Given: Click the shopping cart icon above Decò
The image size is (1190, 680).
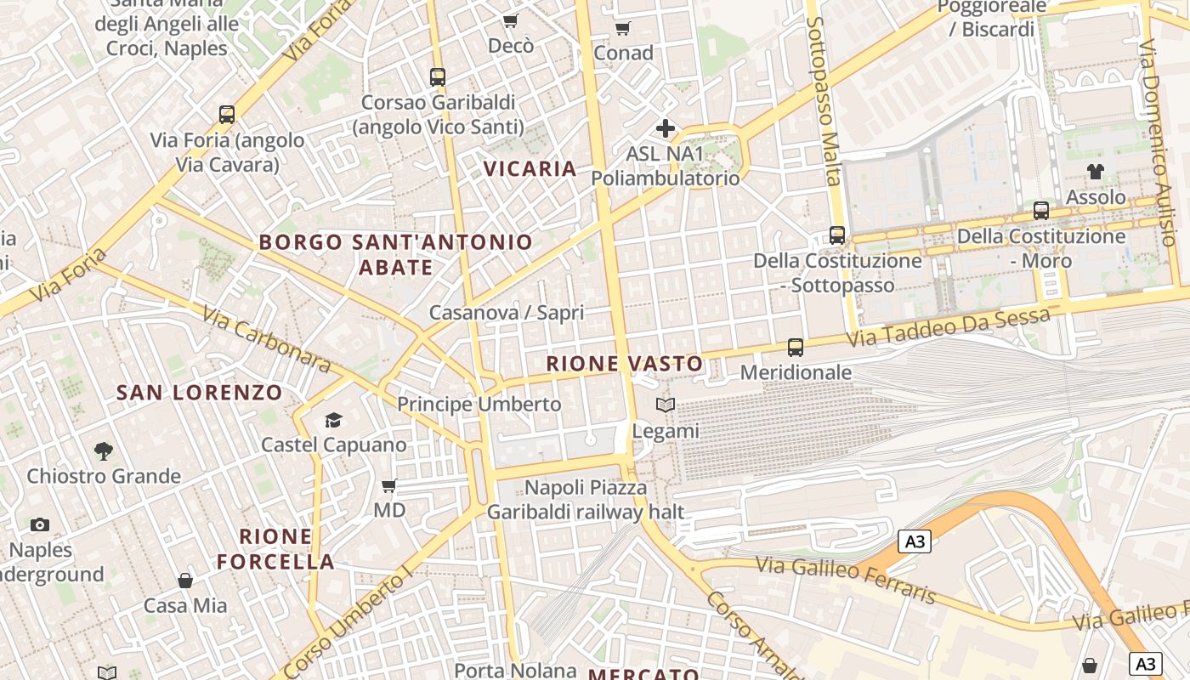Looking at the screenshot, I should tap(510, 20).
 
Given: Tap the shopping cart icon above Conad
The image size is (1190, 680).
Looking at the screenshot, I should tap(622, 29).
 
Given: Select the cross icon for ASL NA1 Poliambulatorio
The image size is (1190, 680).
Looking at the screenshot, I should tap(665, 129).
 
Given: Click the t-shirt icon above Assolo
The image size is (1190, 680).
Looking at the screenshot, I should tap(1096, 172).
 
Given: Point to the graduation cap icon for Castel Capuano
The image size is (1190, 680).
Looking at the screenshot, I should tap(333, 420).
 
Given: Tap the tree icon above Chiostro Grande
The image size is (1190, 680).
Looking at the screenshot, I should tap(104, 450).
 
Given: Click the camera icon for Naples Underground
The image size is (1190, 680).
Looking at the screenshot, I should tap(40, 525).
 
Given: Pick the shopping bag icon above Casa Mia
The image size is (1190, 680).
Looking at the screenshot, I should tap(185, 581).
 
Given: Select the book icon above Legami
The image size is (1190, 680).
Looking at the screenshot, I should tap(666, 405).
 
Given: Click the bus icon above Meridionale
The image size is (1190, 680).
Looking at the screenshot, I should tap(796, 347).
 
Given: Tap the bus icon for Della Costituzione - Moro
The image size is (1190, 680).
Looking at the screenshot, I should tap(1041, 210).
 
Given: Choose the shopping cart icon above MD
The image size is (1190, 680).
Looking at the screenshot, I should tap(389, 485).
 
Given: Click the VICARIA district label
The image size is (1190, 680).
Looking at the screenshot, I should tap(530, 168).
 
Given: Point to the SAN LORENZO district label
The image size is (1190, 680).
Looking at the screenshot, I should tap(199, 393).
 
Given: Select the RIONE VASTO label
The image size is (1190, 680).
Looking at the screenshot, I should tap(625, 364).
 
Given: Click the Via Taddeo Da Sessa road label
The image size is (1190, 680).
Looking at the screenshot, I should tap(949, 327).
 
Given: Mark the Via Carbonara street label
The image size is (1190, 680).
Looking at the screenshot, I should tap(266, 338).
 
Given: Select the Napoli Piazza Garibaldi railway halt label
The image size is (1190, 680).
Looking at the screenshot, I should tap(586, 500).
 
